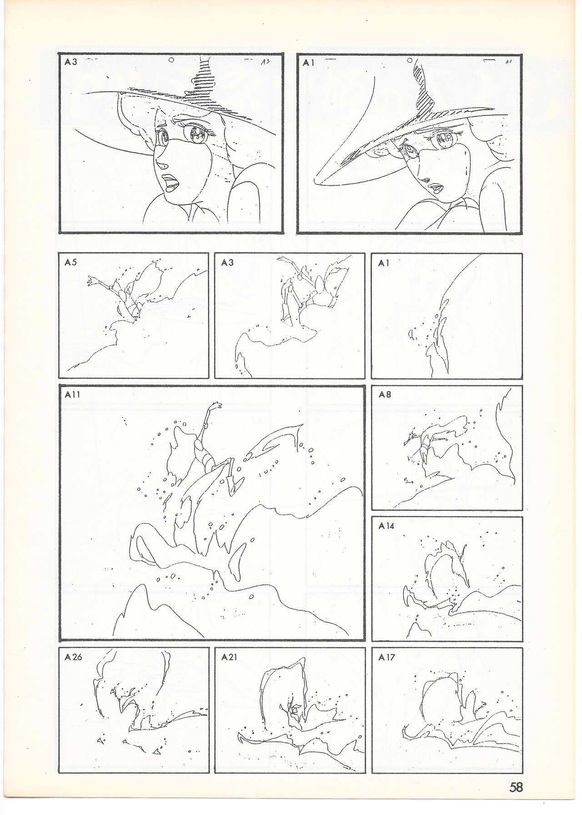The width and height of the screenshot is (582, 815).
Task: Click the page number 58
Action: (516, 786)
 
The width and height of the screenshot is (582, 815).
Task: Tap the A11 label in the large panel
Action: (72, 395)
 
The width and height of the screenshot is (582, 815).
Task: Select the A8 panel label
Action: (385, 394)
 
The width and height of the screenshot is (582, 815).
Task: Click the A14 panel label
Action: (386, 525)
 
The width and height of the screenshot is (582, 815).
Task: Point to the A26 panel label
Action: (73, 657)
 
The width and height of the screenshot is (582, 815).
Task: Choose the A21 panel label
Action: (229, 657)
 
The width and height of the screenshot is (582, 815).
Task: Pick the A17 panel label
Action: (386, 657)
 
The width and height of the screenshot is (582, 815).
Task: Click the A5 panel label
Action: (70, 262)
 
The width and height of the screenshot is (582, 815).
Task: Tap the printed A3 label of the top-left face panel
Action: (71, 62)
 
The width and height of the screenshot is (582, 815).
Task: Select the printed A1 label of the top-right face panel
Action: (308, 63)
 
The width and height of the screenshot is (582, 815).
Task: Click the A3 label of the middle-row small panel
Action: (227, 262)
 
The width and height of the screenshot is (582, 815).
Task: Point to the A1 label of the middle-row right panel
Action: (383, 262)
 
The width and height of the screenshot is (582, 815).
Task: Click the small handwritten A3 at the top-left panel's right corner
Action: (266, 63)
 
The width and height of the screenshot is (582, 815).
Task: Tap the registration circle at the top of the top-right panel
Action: (409, 60)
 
